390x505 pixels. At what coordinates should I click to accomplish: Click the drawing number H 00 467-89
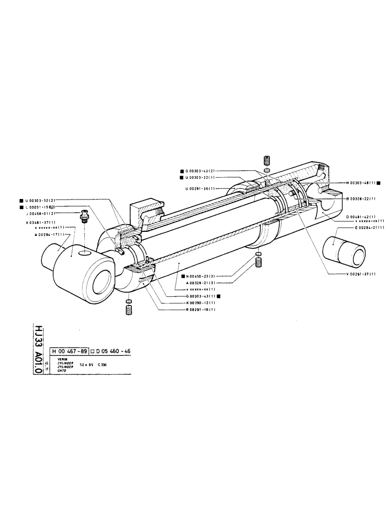(x=70, y=350)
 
